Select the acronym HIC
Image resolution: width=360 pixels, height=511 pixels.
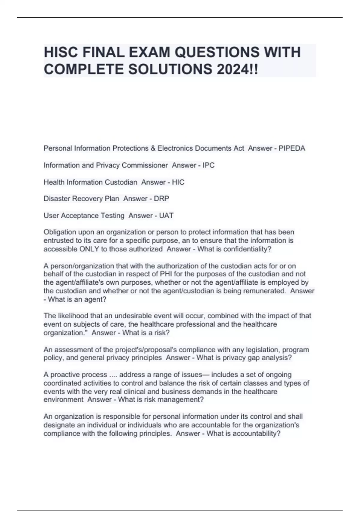(178, 182)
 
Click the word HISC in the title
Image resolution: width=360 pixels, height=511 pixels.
(61, 52)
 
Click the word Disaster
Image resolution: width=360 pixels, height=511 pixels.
(56, 199)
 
